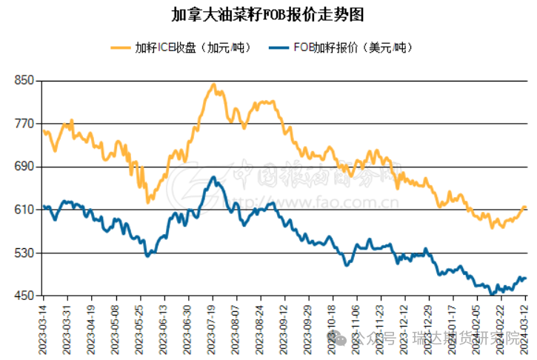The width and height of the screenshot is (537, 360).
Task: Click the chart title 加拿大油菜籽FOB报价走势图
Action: pyautogui.click(x=267, y=15)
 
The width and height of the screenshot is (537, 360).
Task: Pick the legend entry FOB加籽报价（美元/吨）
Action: pyautogui.click(x=351, y=48)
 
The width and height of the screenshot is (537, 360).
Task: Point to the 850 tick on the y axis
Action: pyautogui.click(x=25, y=80)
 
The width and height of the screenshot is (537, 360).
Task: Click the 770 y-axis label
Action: pyautogui.click(x=25, y=123)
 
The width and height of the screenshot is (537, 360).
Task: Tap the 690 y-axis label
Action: pyautogui.click(x=25, y=167)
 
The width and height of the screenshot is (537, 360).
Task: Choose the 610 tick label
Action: pyautogui.click(x=25, y=210)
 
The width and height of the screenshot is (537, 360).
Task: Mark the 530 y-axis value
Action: pyautogui.click(x=25, y=253)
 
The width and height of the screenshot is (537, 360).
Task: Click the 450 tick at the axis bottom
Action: pyautogui.click(x=25, y=296)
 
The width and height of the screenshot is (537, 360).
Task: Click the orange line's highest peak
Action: pyautogui.click(x=213, y=84)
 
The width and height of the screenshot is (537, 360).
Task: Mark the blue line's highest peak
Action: pyautogui.click(x=213, y=177)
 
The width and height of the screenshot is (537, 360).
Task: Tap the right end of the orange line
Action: pyautogui.click(x=524, y=207)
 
